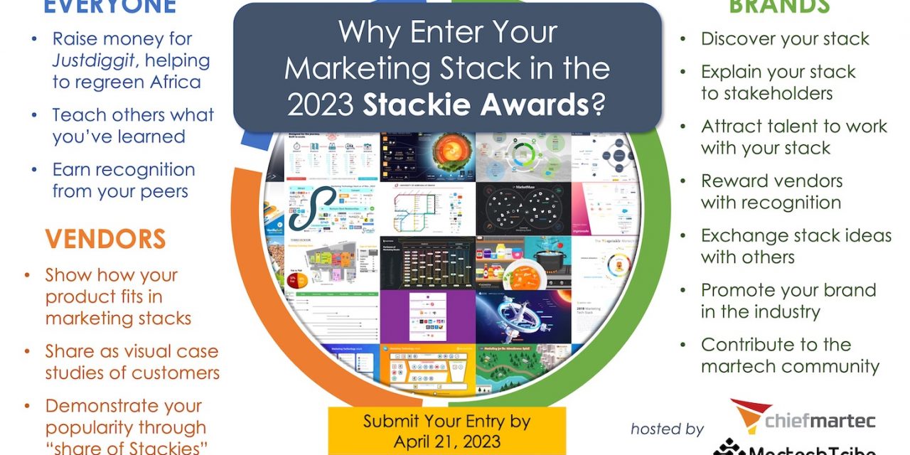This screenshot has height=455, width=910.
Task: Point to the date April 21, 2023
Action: pyautogui.click(x=446, y=441)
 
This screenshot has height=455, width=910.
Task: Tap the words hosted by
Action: pyautogui.click(x=667, y=429)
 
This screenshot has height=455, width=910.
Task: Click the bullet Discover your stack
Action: pyautogui.click(x=785, y=38)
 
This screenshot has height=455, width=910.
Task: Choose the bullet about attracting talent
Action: pyautogui.click(x=793, y=136)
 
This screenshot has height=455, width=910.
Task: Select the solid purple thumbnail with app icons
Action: pyautogui.click(x=427, y=316)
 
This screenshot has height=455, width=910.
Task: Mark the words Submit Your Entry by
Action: pyautogui.click(x=446, y=421)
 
